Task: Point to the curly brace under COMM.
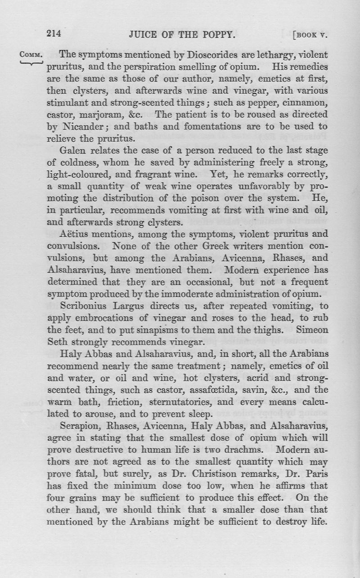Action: point(31,63)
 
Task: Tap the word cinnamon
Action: point(307,102)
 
